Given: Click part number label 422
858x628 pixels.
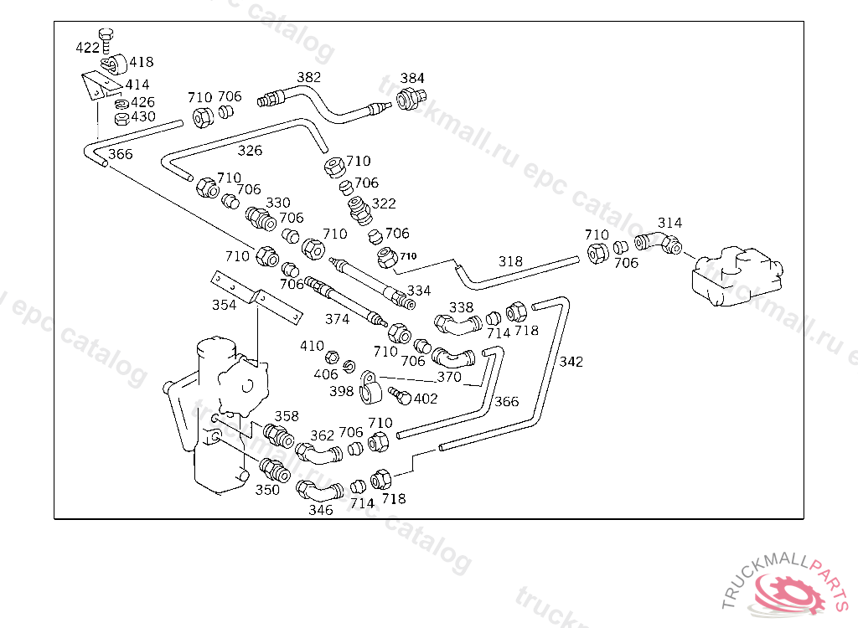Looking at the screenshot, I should (x=87, y=48).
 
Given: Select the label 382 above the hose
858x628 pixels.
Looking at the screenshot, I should (x=308, y=77).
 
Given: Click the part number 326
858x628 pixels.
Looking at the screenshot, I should (x=250, y=151).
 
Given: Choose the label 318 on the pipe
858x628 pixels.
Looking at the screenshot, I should (x=510, y=261).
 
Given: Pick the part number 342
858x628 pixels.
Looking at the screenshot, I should (x=571, y=362).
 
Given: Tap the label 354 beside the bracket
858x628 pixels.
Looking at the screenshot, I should (x=224, y=305).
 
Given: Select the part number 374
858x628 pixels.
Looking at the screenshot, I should (x=337, y=320).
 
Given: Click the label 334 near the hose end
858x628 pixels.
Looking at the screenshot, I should (x=419, y=291).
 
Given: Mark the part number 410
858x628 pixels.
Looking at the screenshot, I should (x=312, y=346).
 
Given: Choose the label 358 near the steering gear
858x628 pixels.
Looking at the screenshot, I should (x=287, y=416).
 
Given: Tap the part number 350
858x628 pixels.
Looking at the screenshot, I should (x=267, y=490).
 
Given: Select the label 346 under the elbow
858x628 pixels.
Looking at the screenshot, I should (x=320, y=510).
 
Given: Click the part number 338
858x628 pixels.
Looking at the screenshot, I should (x=462, y=308).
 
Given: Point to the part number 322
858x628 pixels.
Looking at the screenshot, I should (x=384, y=203).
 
